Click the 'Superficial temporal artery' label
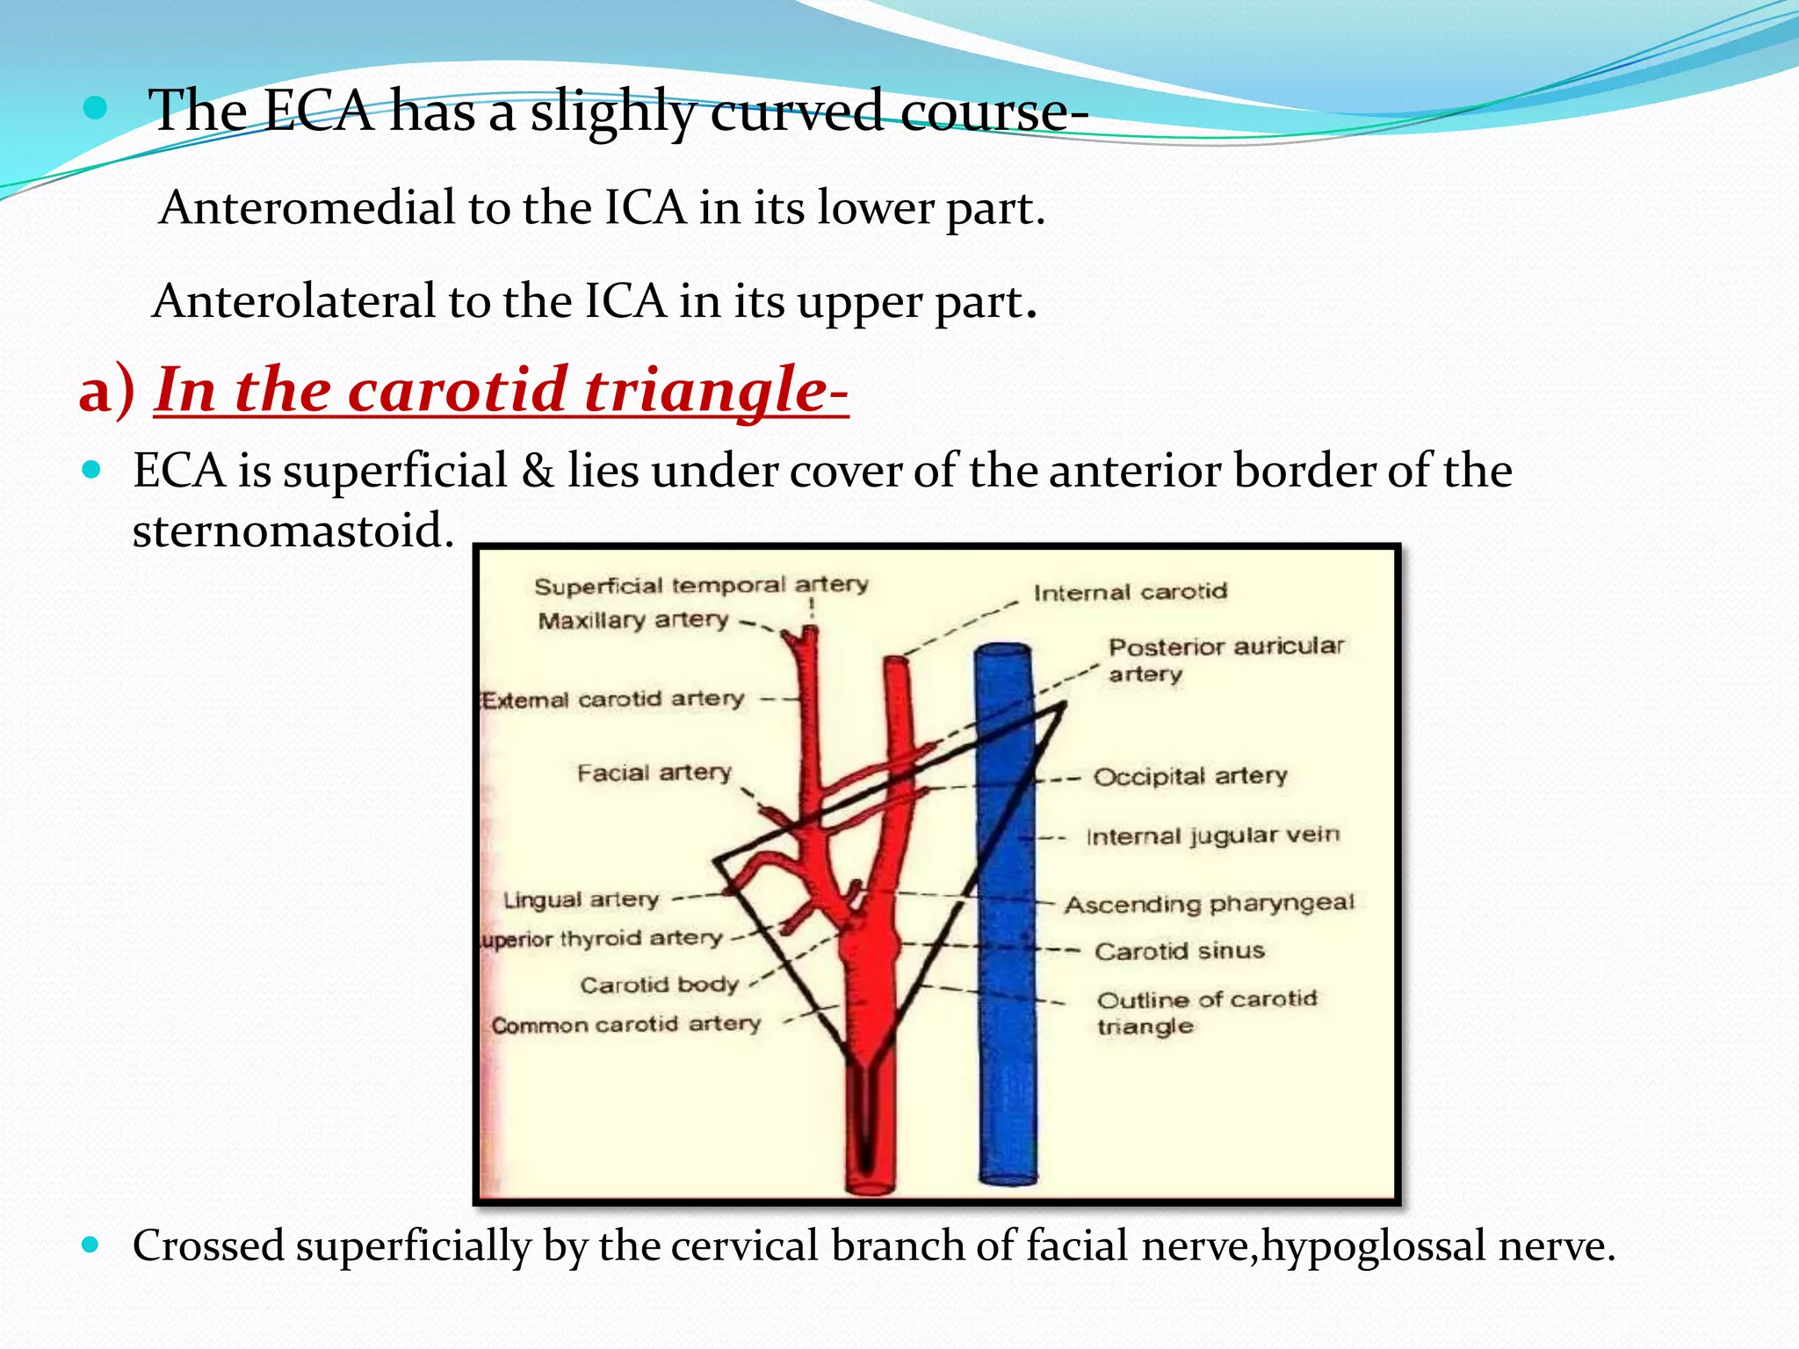click(x=701, y=586)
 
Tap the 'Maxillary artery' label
click(x=633, y=620)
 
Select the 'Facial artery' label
click(x=654, y=773)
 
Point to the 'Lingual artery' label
click(x=581, y=900)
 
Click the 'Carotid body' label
click(x=659, y=985)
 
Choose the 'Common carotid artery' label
click(x=625, y=1025)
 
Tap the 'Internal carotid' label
click(x=1130, y=593)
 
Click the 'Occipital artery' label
click(x=1190, y=776)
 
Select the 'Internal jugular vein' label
click(x=1213, y=835)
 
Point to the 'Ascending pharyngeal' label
click(x=1210, y=904)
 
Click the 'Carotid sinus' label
click(x=1180, y=951)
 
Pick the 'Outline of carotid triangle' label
click(x=1207, y=1012)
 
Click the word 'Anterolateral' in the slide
click(x=294, y=301)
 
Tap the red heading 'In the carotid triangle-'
click(x=502, y=389)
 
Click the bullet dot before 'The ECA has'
click(x=95, y=109)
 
